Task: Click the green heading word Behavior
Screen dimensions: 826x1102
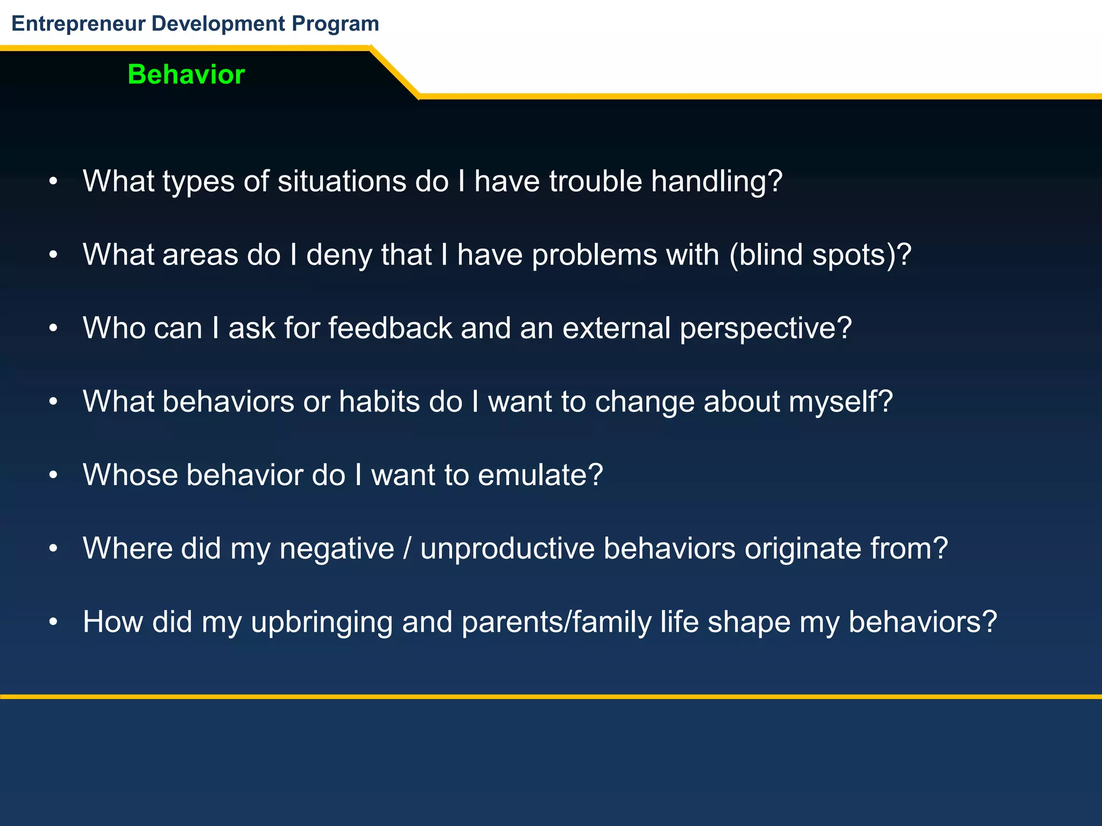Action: tap(186, 74)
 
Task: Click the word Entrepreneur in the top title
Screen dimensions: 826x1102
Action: tap(79, 24)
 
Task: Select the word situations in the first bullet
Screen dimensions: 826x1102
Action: tap(342, 181)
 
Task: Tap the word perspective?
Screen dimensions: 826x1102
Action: tap(766, 328)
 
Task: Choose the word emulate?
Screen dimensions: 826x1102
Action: tap(540, 475)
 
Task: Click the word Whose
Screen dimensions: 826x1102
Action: tap(130, 475)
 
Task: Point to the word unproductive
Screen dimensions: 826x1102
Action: tap(507, 549)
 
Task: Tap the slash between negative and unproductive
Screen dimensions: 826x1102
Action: tap(407, 549)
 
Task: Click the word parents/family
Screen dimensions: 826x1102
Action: tap(556, 622)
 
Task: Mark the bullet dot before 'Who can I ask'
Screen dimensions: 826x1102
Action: tap(53, 328)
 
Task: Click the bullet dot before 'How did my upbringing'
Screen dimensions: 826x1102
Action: tap(53, 622)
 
